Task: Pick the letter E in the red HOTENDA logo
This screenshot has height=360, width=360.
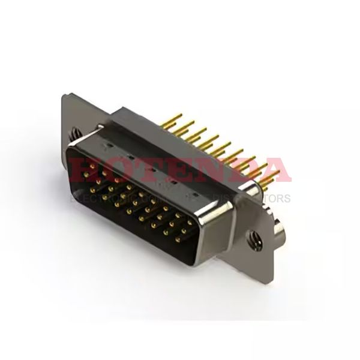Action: click(x=178, y=170)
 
